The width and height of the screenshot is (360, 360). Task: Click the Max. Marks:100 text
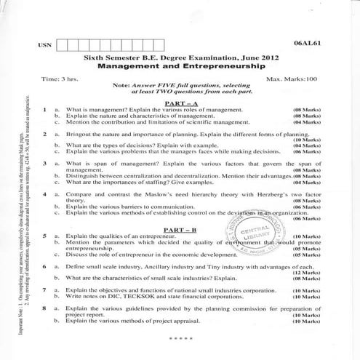tap(293, 78)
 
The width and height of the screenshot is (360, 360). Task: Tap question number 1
tap(44, 110)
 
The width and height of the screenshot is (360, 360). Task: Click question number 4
tap(44, 195)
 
